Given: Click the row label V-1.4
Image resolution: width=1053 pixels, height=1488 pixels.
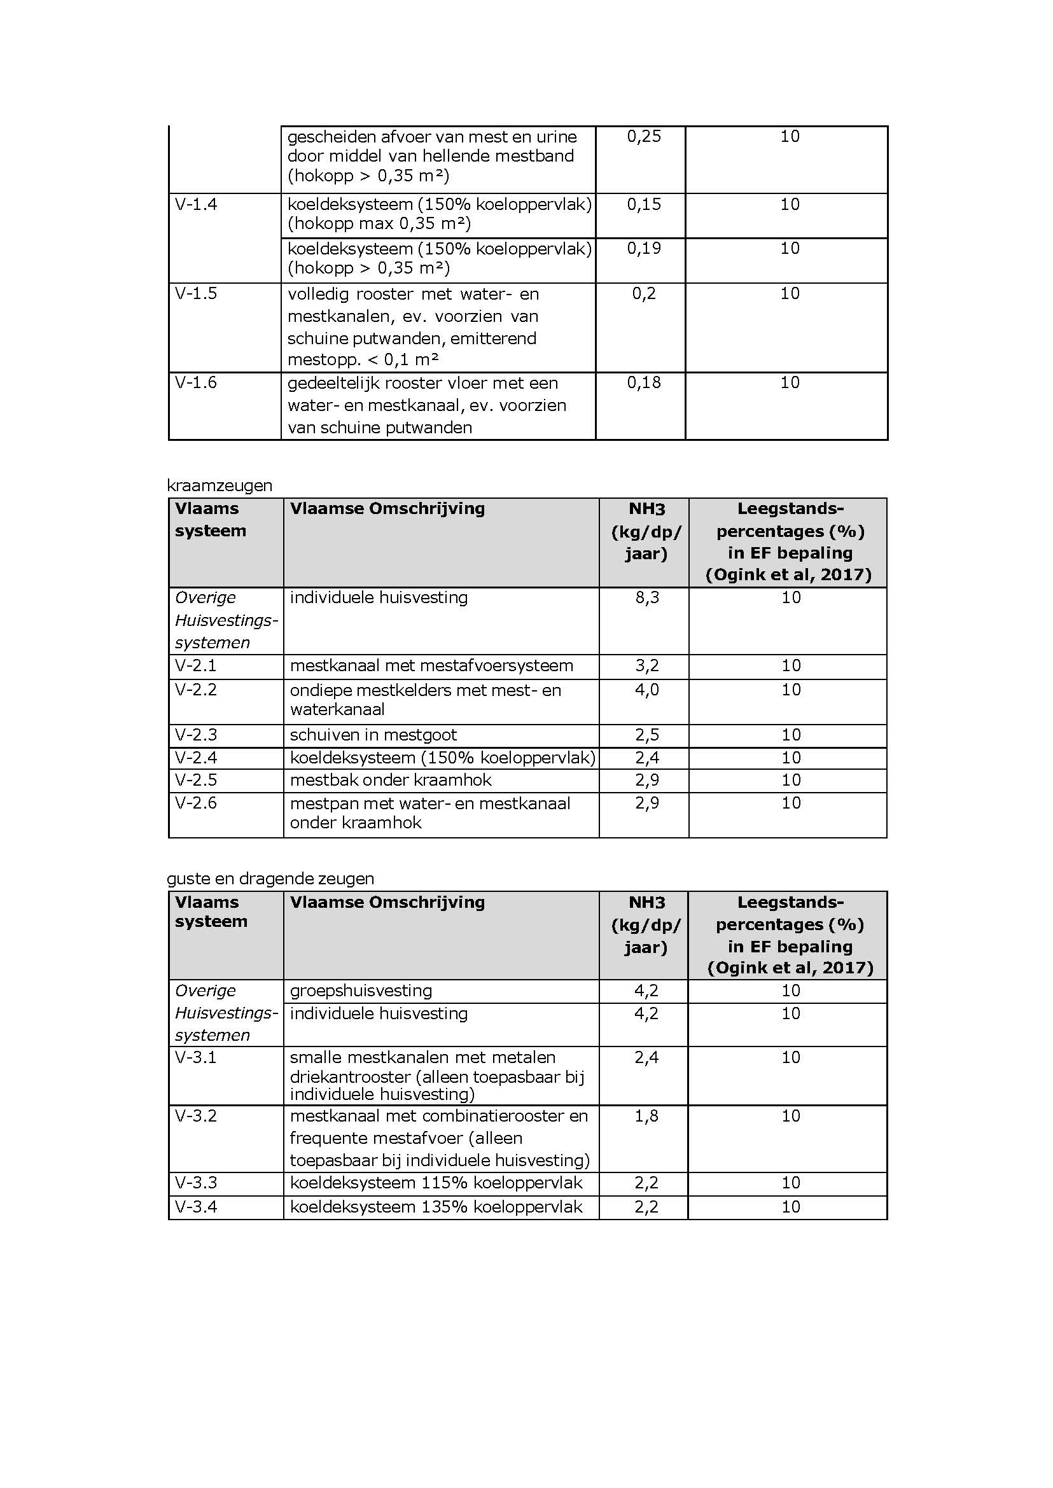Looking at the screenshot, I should (x=196, y=205).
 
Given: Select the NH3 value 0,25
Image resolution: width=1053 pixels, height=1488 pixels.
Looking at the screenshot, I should (x=643, y=137).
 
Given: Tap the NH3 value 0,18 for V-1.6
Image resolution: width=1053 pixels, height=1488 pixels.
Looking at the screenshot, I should (x=643, y=382).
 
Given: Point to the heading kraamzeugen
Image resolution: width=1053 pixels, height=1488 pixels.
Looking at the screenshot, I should (x=219, y=485).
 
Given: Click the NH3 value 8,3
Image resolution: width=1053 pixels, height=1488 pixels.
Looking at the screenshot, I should (x=646, y=597).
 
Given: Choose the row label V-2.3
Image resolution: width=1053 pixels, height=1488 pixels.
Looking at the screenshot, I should (x=196, y=735).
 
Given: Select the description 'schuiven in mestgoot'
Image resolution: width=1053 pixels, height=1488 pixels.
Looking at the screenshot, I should (x=373, y=735).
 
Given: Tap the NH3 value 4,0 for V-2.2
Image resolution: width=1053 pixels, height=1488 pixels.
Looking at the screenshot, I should (x=646, y=690).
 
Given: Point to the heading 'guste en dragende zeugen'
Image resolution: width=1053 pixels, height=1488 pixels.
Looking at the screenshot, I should (x=270, y=879).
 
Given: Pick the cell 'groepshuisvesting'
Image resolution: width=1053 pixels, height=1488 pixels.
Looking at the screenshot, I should (x=361, y=991).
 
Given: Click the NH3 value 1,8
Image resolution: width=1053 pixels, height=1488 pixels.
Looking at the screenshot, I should (x=646, y=1116).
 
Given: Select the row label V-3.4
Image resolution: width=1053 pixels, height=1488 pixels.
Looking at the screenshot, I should (x=196, y=1207).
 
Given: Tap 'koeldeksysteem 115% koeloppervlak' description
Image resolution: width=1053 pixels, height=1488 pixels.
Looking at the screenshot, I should (x=436, y=1183).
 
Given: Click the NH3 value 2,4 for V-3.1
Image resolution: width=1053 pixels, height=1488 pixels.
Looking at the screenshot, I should (x=646, y=1057).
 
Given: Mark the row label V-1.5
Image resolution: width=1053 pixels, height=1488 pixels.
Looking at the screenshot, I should (x=196, y=294).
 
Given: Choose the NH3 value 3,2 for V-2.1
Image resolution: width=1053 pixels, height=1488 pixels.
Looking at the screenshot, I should (x=646, y=666).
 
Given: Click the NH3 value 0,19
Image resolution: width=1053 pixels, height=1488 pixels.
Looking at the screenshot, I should (x=643, y=248).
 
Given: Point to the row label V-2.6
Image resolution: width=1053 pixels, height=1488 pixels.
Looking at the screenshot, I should (x=196, y=803).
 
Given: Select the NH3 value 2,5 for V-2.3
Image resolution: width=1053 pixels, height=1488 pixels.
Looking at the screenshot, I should (x=646, y=735).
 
